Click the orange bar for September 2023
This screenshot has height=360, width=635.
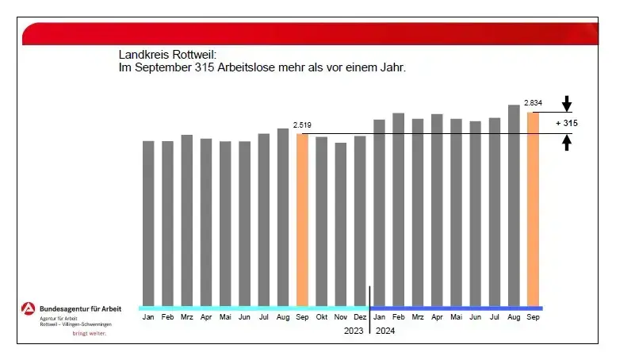[302, 220]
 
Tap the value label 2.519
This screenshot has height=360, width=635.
[302, 125]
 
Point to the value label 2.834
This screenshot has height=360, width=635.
[533, 103]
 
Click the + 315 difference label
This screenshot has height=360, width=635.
[568, 124]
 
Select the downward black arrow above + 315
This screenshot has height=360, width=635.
[567, 103]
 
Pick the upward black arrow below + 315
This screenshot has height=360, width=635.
[567, 143]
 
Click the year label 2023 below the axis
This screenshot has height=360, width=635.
[354, 331]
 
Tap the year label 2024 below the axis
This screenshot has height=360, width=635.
[384, 331]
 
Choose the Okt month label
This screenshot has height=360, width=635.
[321, 317]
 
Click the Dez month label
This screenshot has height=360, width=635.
[360, 317]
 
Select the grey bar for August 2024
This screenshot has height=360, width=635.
[514, 205]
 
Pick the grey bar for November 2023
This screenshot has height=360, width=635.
[341, 224]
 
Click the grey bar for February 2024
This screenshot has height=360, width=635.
[398, 209]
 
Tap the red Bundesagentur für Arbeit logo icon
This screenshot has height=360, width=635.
[29, 309]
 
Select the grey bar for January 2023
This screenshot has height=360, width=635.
[148, 223]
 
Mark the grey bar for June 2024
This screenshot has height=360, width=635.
[476, 213]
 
